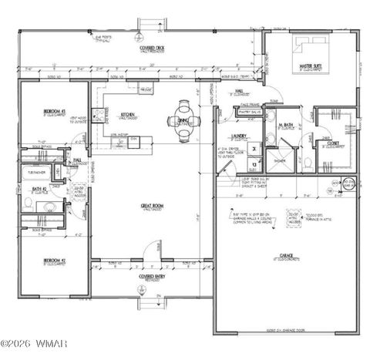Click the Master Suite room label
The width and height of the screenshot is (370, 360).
tap(311, 68)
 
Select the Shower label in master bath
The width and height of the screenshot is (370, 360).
tap(278, 160)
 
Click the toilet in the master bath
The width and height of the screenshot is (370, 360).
tap(308, 163)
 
